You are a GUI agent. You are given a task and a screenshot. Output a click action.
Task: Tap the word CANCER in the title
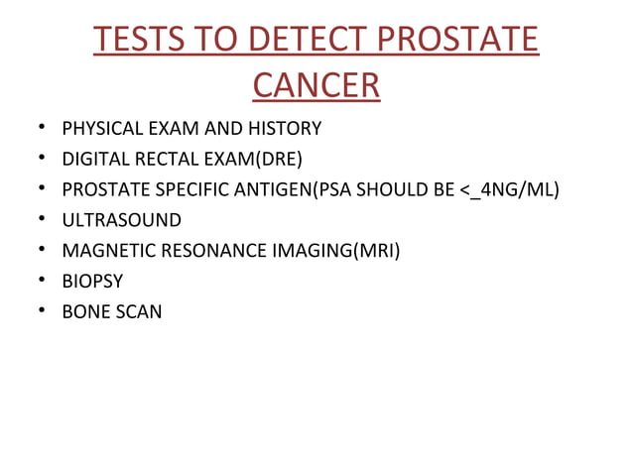coord(316,86)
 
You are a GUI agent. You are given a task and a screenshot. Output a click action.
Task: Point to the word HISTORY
coord(286,128)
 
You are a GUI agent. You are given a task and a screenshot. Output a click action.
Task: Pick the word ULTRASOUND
coord(121,220)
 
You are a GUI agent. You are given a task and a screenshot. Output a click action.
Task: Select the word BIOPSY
coord(91,282)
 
